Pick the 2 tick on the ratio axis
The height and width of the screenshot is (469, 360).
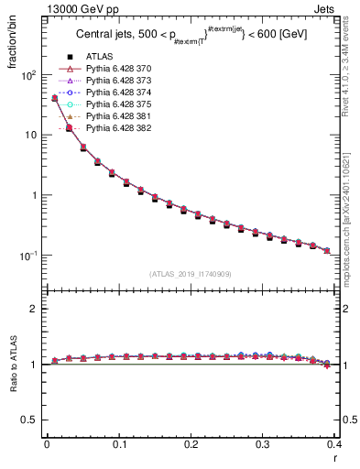pyautogui.click(x=34, y=309)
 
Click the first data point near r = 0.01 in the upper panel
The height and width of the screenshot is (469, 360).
pyautogui.click(x=54, y=98)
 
